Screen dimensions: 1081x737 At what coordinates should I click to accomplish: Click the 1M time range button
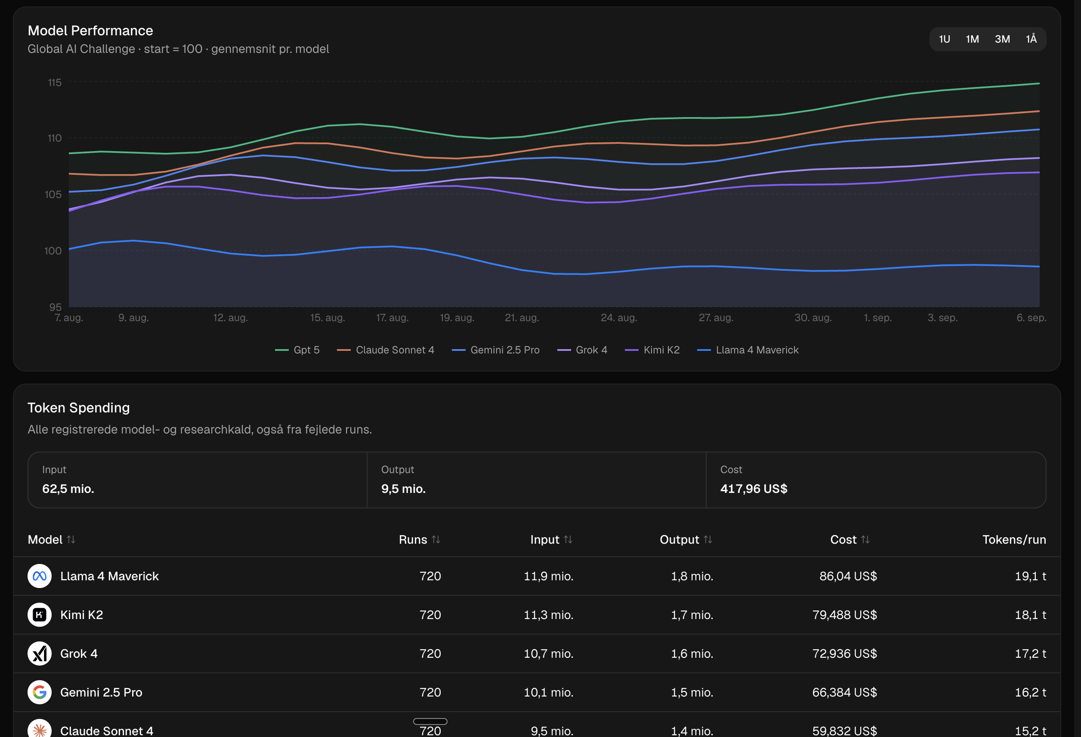pos(972,39)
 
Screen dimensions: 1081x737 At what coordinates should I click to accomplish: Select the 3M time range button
pos(1002,39)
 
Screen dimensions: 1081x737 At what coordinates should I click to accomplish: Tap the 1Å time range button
pos(1031,39)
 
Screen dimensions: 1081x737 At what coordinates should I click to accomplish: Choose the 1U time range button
pos(944,39)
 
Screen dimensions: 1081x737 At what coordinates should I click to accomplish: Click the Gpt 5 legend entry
pos(297,350)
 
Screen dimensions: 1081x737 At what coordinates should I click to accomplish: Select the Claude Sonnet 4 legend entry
pos(386,350)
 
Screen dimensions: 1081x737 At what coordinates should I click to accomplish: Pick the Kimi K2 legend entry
pos(652,350)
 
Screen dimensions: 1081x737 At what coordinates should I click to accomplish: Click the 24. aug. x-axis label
pos(619,318)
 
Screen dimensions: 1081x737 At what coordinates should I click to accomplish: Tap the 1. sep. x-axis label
pos(877,318)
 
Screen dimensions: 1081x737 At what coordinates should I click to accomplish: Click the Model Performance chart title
pos(90,31)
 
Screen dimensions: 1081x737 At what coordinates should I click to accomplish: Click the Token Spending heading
pos(79,408)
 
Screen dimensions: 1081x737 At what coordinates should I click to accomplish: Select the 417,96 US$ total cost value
pos(754,489)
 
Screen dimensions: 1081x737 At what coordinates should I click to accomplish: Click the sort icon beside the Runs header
pos(436,539)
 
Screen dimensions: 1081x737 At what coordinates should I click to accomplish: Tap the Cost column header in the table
pos(843,539)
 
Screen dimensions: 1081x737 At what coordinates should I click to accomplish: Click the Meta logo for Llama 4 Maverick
pos(40,576)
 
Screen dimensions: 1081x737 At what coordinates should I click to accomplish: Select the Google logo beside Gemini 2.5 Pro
pos(40,692)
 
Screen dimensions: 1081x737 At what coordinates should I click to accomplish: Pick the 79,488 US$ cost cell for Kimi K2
pos(844,615)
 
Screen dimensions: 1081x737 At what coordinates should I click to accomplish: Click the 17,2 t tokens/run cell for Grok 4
pos(1030,654)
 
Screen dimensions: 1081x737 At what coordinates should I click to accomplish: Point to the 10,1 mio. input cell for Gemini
pos(548,692)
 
